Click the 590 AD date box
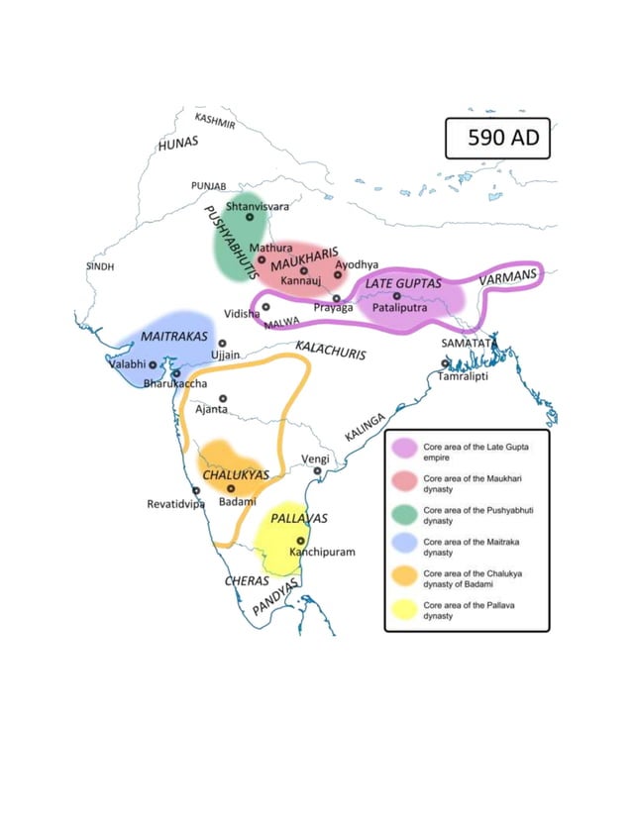tap(496, 138)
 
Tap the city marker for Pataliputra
tap(396, 295)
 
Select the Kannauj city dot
tap(304, 270)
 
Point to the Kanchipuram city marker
tap(301, 541)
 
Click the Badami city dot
tap(231, 488)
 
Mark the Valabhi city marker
tap(153, 364)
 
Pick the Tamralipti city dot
tap(446, 363)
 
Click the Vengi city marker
tap(318, 470)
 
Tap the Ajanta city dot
tap(224, 398)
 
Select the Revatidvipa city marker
tap(196, 490)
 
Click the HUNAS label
tap(178, 144)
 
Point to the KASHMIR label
tap(216, 121)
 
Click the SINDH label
tap(100, 267)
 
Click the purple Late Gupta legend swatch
tap(404, 448)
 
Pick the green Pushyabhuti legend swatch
tap(404, 513)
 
